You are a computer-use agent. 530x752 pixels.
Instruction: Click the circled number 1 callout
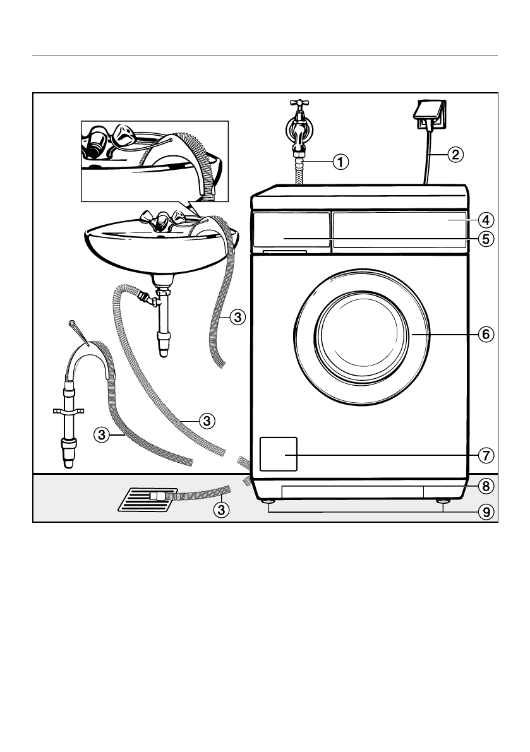click(x=340, y=161)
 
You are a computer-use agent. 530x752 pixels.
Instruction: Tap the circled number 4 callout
click(x=485, y=220)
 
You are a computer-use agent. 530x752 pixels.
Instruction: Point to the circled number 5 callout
click(x=485, y=239)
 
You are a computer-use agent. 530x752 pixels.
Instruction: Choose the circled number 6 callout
click(x=485, y=334)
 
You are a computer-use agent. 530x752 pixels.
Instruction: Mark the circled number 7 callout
click(x=485, y=455)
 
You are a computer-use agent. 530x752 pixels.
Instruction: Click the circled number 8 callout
click(x=485, y=486)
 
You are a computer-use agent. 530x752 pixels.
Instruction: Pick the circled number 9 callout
click(x=485, y=512)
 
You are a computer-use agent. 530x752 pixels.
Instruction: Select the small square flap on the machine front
click(x=277, y=453)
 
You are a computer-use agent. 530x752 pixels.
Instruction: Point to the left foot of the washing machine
click(x=269, y=502)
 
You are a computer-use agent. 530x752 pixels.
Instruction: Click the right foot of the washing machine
click(x=443, y=502)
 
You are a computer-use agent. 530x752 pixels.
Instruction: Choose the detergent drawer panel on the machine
click(x=291, y=230)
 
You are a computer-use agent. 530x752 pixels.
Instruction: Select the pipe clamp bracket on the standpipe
click(x=69, y=412)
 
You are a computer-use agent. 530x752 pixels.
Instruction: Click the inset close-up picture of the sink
click(x=154, y=160)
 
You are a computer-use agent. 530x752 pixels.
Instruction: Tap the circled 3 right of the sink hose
click(x=236, y=317)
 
